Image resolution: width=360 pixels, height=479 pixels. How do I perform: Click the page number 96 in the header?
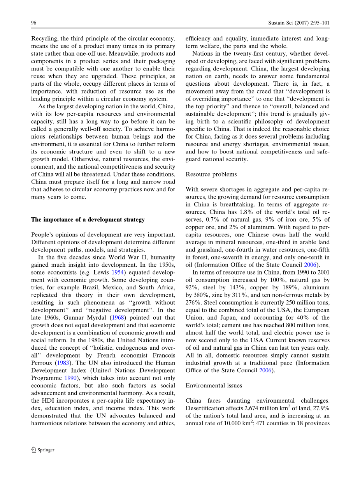coord(34,23)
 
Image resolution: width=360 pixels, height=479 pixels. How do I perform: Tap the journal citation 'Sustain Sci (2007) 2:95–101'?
coord(299,23)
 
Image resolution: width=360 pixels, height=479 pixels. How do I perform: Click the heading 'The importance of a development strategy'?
coord(88,220)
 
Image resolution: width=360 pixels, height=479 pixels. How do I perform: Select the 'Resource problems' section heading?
coord(211,174)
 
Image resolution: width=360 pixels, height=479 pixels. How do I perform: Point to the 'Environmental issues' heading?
coord(214,386)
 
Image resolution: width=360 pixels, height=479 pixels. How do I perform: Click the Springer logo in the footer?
coord(43,450)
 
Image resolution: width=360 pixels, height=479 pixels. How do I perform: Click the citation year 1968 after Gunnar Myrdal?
coord(117,318)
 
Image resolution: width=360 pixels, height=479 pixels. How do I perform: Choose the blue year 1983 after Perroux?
coord(63,363)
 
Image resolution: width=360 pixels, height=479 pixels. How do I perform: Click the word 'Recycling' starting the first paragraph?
coord(44,39)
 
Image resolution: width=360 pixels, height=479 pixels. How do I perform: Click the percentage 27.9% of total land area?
coord(320,408)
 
